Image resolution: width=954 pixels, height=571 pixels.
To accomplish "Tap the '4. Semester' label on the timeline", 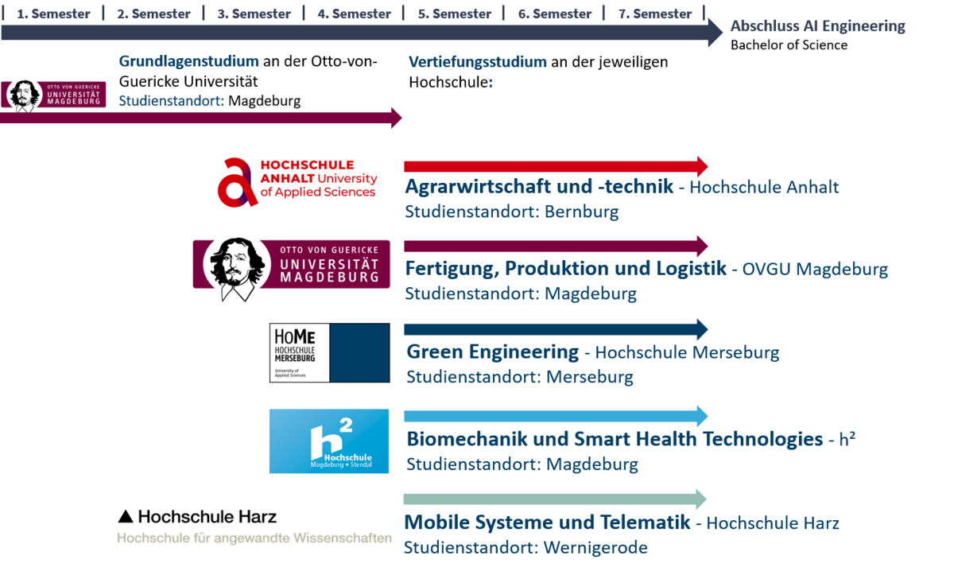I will pos(354,14).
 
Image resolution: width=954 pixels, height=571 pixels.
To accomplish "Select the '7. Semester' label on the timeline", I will pos(654,14).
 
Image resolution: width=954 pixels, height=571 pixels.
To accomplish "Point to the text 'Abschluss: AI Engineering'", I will pos(817,26).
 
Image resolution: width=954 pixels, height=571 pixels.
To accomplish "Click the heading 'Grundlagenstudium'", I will pos(188,61).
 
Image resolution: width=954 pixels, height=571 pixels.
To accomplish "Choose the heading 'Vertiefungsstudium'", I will pos(478,61).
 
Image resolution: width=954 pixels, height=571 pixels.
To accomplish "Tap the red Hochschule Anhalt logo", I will pos(298,182).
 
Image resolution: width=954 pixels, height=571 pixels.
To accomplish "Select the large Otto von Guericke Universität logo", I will pos(291,264).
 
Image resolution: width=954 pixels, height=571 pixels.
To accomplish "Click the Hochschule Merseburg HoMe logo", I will pos(329,352).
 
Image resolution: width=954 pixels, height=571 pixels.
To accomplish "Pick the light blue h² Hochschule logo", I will pos(328,441).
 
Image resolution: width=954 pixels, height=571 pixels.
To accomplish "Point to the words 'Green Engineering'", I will pos(492,352).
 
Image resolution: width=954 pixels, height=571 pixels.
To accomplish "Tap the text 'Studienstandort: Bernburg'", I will pos(511,212).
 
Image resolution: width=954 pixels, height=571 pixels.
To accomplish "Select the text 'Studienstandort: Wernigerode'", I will pos(525,547).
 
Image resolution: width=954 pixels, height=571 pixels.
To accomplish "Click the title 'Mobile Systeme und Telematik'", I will pos(547,522).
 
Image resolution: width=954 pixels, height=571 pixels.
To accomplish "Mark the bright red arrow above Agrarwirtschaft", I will pos(555,166).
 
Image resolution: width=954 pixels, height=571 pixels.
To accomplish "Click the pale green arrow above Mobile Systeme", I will pos(555,499).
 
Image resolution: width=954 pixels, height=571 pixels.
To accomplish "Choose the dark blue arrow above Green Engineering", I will pos(555,329).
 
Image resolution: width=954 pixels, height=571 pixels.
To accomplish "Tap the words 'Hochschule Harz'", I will pos(772,523).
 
